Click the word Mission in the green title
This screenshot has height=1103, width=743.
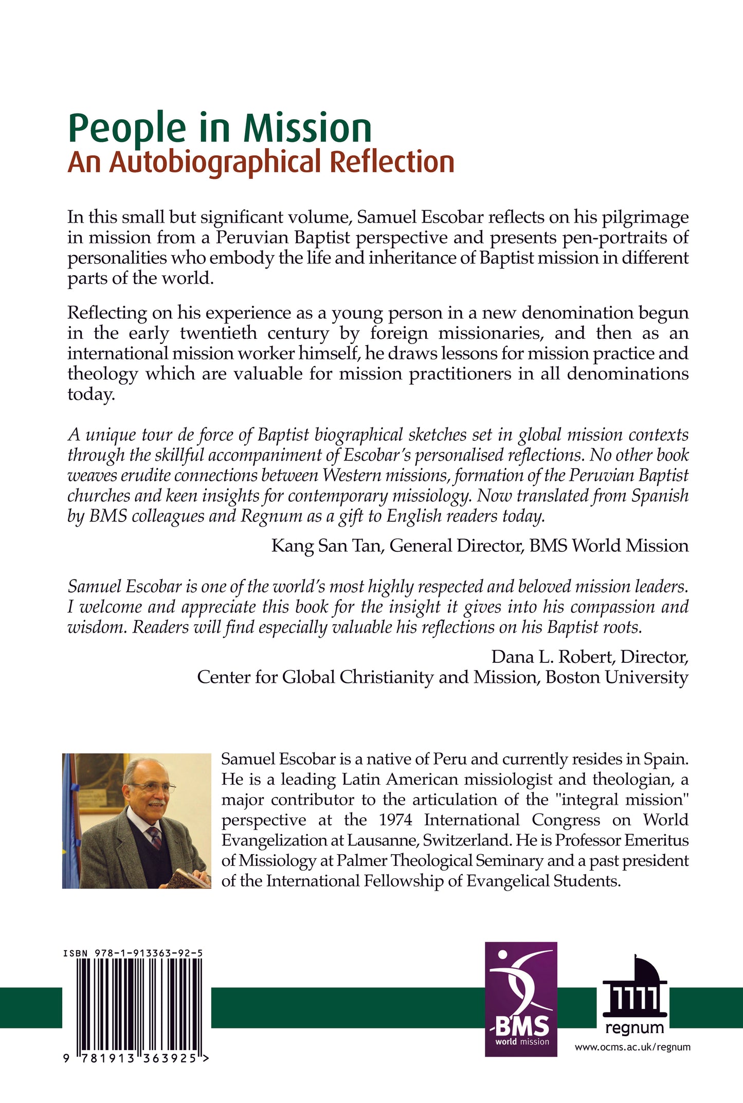pos(307,129)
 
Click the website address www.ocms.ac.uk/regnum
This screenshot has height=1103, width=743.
pos(632,1047)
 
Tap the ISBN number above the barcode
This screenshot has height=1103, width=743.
pos(133,953)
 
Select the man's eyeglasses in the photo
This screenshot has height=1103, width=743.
pos(153,788)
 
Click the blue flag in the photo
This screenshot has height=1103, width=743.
pos(69,823)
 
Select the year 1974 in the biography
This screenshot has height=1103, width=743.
pos(395,820)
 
